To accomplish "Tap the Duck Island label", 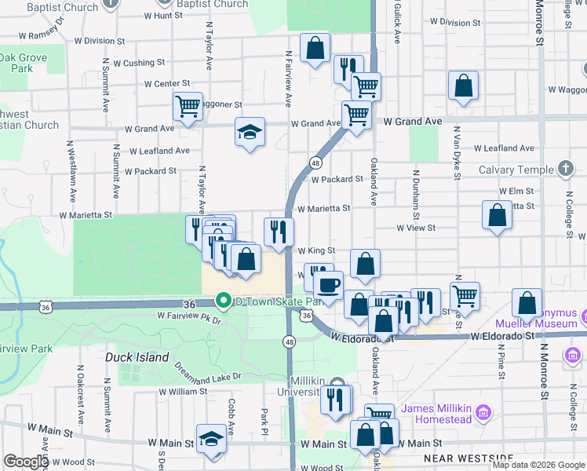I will pos(137,357).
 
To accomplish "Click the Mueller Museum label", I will pos(536,323).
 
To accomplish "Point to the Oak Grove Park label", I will pos(23,63).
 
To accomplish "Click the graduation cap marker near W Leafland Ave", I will pos(250,133).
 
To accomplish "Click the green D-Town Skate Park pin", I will pos(223,301).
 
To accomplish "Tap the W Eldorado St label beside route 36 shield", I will pos(361,337).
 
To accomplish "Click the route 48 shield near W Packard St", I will pos(315,162).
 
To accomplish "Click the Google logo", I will pos(26,462).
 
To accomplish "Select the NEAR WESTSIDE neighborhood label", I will pos(468,457).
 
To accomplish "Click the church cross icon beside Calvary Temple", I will pos(565,169).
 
